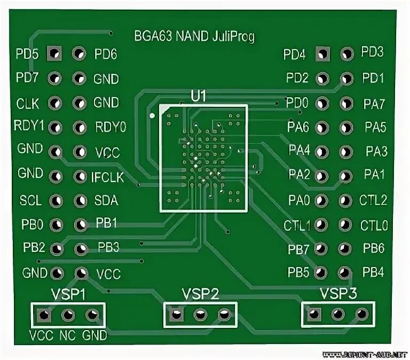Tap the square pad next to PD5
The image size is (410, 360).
click(54, 53)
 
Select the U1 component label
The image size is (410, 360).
click(199, 96)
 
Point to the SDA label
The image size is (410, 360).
click(106, 201)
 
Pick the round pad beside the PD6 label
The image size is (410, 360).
click(79, 53)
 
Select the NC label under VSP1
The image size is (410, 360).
click(67, 335)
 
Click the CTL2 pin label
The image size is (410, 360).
click(373, 201)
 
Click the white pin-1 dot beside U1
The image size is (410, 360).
click(152, 115)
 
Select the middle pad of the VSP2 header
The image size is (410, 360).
click(200, 315)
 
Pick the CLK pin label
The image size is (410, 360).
click(28, 103)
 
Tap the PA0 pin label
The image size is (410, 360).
click(299, 201)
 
